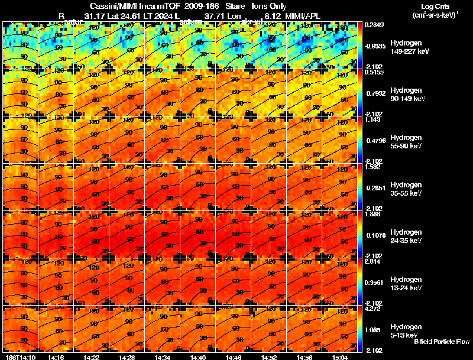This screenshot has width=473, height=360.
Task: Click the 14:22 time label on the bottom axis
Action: (92, 356)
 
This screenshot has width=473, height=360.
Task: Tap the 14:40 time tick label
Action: (199, 356)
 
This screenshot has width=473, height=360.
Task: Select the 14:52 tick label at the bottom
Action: (270, 356)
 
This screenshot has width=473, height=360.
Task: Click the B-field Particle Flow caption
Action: (441, 342)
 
